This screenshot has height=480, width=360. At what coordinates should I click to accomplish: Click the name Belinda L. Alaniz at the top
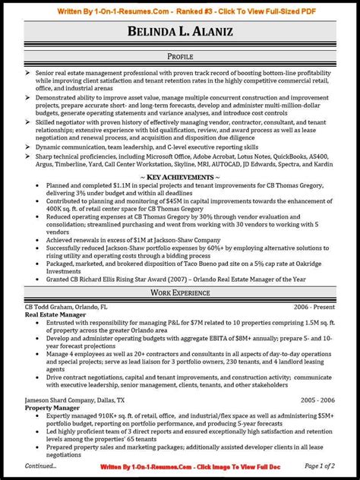pyautogui.click(x=180, y=33)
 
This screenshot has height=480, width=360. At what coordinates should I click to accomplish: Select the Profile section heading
pyautogui.click(x=180, y=57)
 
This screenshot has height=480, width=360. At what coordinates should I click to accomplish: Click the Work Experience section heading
pyautogui.click(x=180, y=292)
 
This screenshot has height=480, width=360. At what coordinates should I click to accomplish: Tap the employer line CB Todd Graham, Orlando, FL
pyautogui.click(x=67, y=306)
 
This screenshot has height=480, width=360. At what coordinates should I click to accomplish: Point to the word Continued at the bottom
pyautogui.click(x=40, y=466)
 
